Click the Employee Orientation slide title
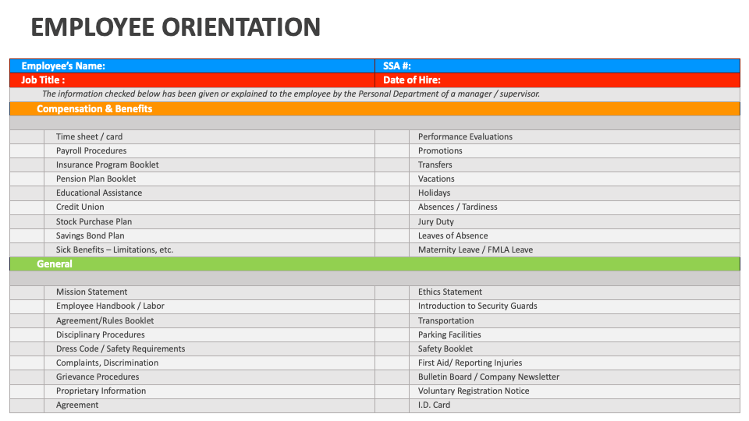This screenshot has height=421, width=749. pyautogui.click(x=176, y=27)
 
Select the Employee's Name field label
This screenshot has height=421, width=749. pyautogui.click(x=63, y=66)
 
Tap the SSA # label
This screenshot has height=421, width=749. pyautogui.click(x=397, y=66)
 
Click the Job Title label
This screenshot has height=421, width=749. pyautogui.click(x=43, y=80)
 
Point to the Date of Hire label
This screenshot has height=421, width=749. pyautogui.click(x=412, y=80)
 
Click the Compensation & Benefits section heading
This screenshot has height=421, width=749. pyautogui.click(x=94, y=109)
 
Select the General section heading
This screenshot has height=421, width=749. pyautogui.click(x=55, y=264)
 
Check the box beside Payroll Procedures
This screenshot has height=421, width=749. pyautogui.click(x=27, y=150)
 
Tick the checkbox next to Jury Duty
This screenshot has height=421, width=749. pyautogui.click(x=392, y=221)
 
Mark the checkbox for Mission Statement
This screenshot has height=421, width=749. pyautogui.click(x=27, y=292)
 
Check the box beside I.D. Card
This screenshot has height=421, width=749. pyautogui.click(x=392, y=405)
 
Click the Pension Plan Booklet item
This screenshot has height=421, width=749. pyautogui.click(x=96, y=179)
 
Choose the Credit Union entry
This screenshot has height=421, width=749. pyautogui.click(x=80, y=207)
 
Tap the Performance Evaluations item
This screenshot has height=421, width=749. pyautogui.click(x=465, y=136)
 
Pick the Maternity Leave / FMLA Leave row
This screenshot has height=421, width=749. pyautogui.click(x=475, y=249)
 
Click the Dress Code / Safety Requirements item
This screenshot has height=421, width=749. pyautogui.click(x=120, y=348)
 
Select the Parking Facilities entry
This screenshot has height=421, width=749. pyautogui.click(x=449, y=334)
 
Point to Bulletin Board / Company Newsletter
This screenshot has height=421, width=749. pyautogui.click(x=488, y=377)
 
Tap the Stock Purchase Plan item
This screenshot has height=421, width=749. pyautogui.click(x=94, y=221)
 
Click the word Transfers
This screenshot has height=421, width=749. pyautogui.click(x=435, y=165)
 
